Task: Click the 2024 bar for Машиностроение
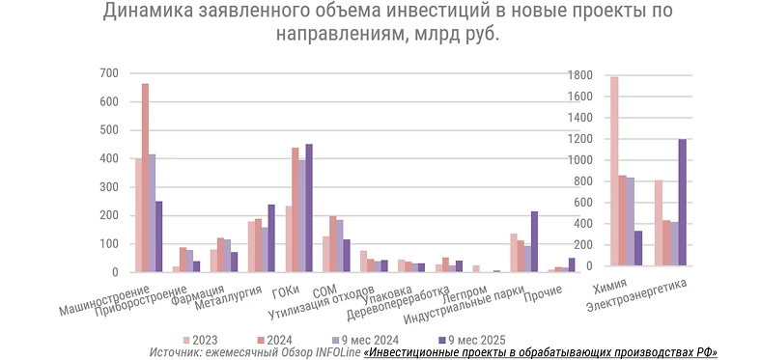click(x=145, y=179)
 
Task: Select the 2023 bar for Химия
click(x=614, y=174)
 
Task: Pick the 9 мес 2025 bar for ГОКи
click(x=309, y=208)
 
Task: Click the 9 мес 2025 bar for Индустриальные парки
click(x=534, y=241)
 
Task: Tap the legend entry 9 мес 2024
click(x=378, y=340)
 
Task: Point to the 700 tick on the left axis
click(x=109, y=73)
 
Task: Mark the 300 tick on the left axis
click(x=109, y=187)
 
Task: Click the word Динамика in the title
click(x=151, y=12)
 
